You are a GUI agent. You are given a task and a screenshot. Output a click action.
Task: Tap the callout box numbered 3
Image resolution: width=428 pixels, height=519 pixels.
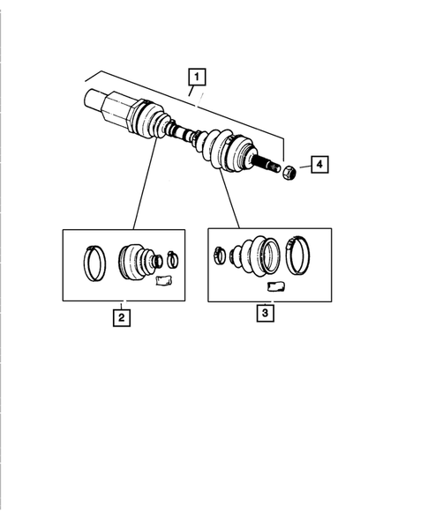tap(266, 311)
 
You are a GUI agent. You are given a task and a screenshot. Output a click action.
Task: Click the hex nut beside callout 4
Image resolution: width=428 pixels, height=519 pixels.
tap(289, 171)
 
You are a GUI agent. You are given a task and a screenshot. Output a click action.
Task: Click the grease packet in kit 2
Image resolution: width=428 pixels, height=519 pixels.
tap(161, 280)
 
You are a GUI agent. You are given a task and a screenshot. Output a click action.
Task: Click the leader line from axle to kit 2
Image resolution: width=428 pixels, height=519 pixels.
tap(145, 185)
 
